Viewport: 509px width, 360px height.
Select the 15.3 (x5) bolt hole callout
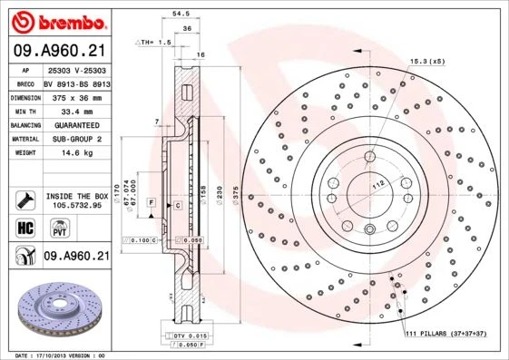[426, 61]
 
